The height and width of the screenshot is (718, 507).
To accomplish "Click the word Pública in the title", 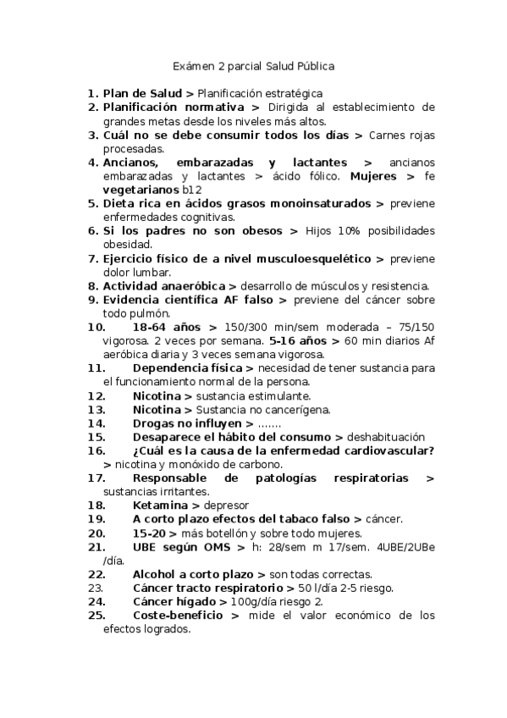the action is [315, 64].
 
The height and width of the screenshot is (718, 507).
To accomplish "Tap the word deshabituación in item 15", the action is [386, 437].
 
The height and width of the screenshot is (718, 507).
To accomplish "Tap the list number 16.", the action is [96, 450].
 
